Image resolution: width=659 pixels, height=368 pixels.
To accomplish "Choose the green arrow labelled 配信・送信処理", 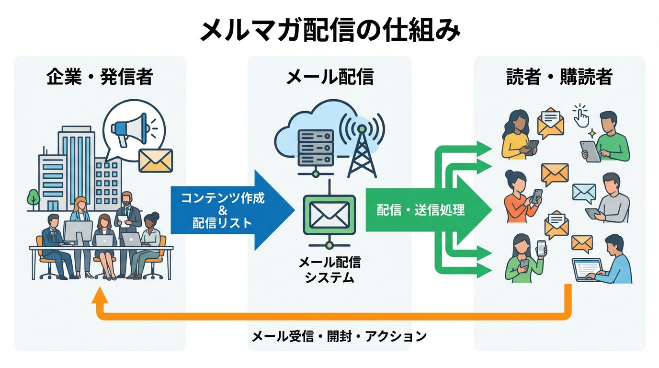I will click(421, 210).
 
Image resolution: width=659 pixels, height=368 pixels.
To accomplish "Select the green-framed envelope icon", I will click(329, 214).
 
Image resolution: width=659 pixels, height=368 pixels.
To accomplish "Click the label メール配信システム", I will click(329, 269).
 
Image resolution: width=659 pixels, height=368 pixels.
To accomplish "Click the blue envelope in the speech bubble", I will click(584, 193).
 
